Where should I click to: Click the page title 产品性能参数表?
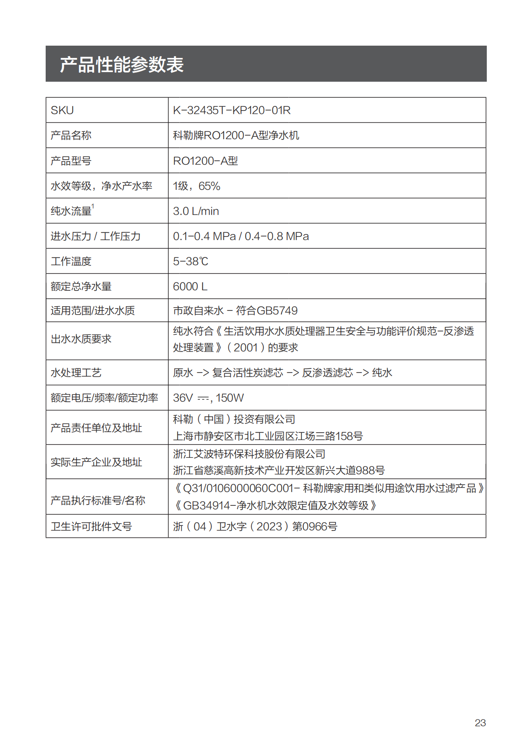[x=122, y=64]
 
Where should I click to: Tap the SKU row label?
[x=62, y=110]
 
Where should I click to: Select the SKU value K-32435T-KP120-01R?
[x=232, y=110]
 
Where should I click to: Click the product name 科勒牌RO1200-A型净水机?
[x=236, y=136]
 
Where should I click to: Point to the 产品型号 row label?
[x=71, y=161]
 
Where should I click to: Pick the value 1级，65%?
[x=196, y=186]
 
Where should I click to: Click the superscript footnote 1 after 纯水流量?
[x=93, y=206]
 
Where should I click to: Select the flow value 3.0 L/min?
[x=196, y=211]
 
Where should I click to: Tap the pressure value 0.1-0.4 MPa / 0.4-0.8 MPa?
[x=241, y=236]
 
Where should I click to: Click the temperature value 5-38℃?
[x=190, y=261]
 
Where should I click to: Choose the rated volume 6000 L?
[x=190, y=286]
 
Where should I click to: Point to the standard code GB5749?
[x=277, y=311]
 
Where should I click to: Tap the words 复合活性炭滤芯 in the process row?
[x=248, y=373]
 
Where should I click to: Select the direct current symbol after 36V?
[x=203, y=398]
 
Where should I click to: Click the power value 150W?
[x=230, y=398]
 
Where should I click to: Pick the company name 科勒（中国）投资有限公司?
[x=234, y=419]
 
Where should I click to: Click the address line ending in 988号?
[x=279, y=471]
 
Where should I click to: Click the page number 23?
[x=480, y=723]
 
